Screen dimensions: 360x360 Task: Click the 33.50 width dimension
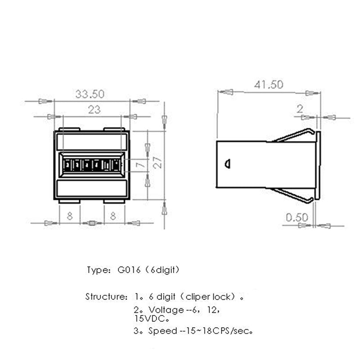[x=90, y=94]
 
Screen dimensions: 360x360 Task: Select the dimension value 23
[x=94, y=109]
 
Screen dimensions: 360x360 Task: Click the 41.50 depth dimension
[x=268, y=84]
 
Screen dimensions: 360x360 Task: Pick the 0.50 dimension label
[x=297, y=218]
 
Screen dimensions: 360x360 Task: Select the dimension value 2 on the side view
[x=300, y=108]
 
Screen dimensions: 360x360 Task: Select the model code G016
[x=127, y=270]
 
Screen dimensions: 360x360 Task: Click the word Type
[x=96, y=271]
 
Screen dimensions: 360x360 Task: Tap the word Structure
[x=103, y=297]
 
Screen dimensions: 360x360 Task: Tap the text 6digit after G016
[x=162, y=270]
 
